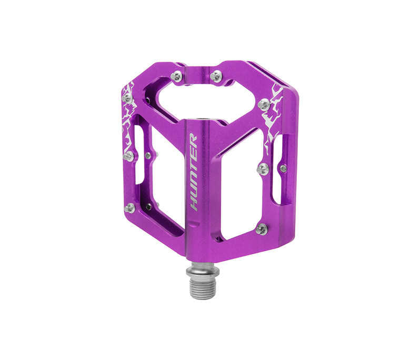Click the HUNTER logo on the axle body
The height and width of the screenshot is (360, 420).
193,172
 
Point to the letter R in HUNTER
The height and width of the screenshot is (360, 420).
193,140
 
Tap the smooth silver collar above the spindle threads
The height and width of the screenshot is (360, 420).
202,269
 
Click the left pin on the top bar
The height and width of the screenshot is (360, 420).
177,77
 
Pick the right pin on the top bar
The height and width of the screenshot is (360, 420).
217,76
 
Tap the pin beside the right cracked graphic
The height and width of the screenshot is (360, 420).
264,104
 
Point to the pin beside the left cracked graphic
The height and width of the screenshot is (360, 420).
127,98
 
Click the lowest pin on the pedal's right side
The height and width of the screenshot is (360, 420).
262,228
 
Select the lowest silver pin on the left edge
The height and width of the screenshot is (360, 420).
129,208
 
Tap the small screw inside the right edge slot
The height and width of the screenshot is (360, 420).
283,168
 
